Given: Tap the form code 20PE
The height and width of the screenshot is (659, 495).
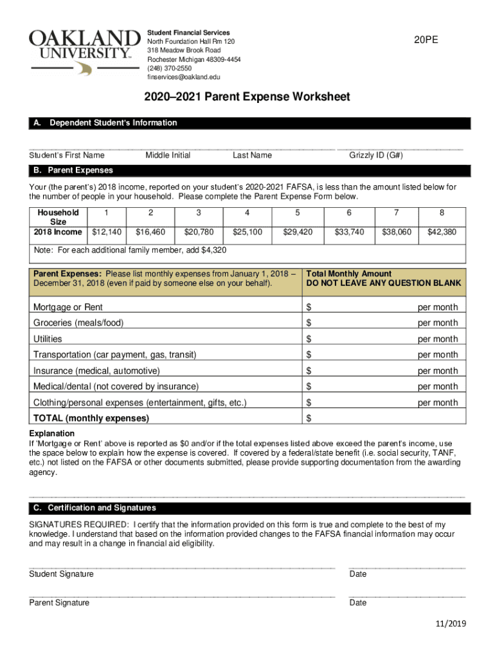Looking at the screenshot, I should (427, 40).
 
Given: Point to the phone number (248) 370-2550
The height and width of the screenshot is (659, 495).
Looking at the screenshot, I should (170, 68).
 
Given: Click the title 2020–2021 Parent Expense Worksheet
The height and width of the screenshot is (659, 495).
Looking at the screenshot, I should (247, 97).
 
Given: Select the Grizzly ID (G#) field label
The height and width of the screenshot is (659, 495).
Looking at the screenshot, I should (376, 155).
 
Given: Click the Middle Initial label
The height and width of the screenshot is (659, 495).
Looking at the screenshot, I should (168, 155).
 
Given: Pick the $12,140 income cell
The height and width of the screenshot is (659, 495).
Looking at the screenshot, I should (107, 232).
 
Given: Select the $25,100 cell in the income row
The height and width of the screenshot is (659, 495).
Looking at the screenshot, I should (247, 232).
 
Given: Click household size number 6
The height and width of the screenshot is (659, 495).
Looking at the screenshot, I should (348, 212).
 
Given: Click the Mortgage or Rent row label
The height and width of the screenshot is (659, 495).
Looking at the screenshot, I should (67, 307).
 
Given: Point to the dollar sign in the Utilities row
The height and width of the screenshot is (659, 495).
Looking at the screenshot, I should (309, 339).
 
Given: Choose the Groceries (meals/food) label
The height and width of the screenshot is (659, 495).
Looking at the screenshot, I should (78, 323).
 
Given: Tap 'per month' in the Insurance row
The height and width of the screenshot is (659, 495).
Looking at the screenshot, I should (438, 371).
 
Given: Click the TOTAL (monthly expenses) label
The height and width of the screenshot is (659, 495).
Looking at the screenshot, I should (91, 418).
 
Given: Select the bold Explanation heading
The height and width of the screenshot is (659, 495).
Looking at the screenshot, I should (51, 433).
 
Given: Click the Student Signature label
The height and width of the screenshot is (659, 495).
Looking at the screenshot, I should (61, 574).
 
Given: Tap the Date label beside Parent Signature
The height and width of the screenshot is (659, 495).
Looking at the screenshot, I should (358, 603).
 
